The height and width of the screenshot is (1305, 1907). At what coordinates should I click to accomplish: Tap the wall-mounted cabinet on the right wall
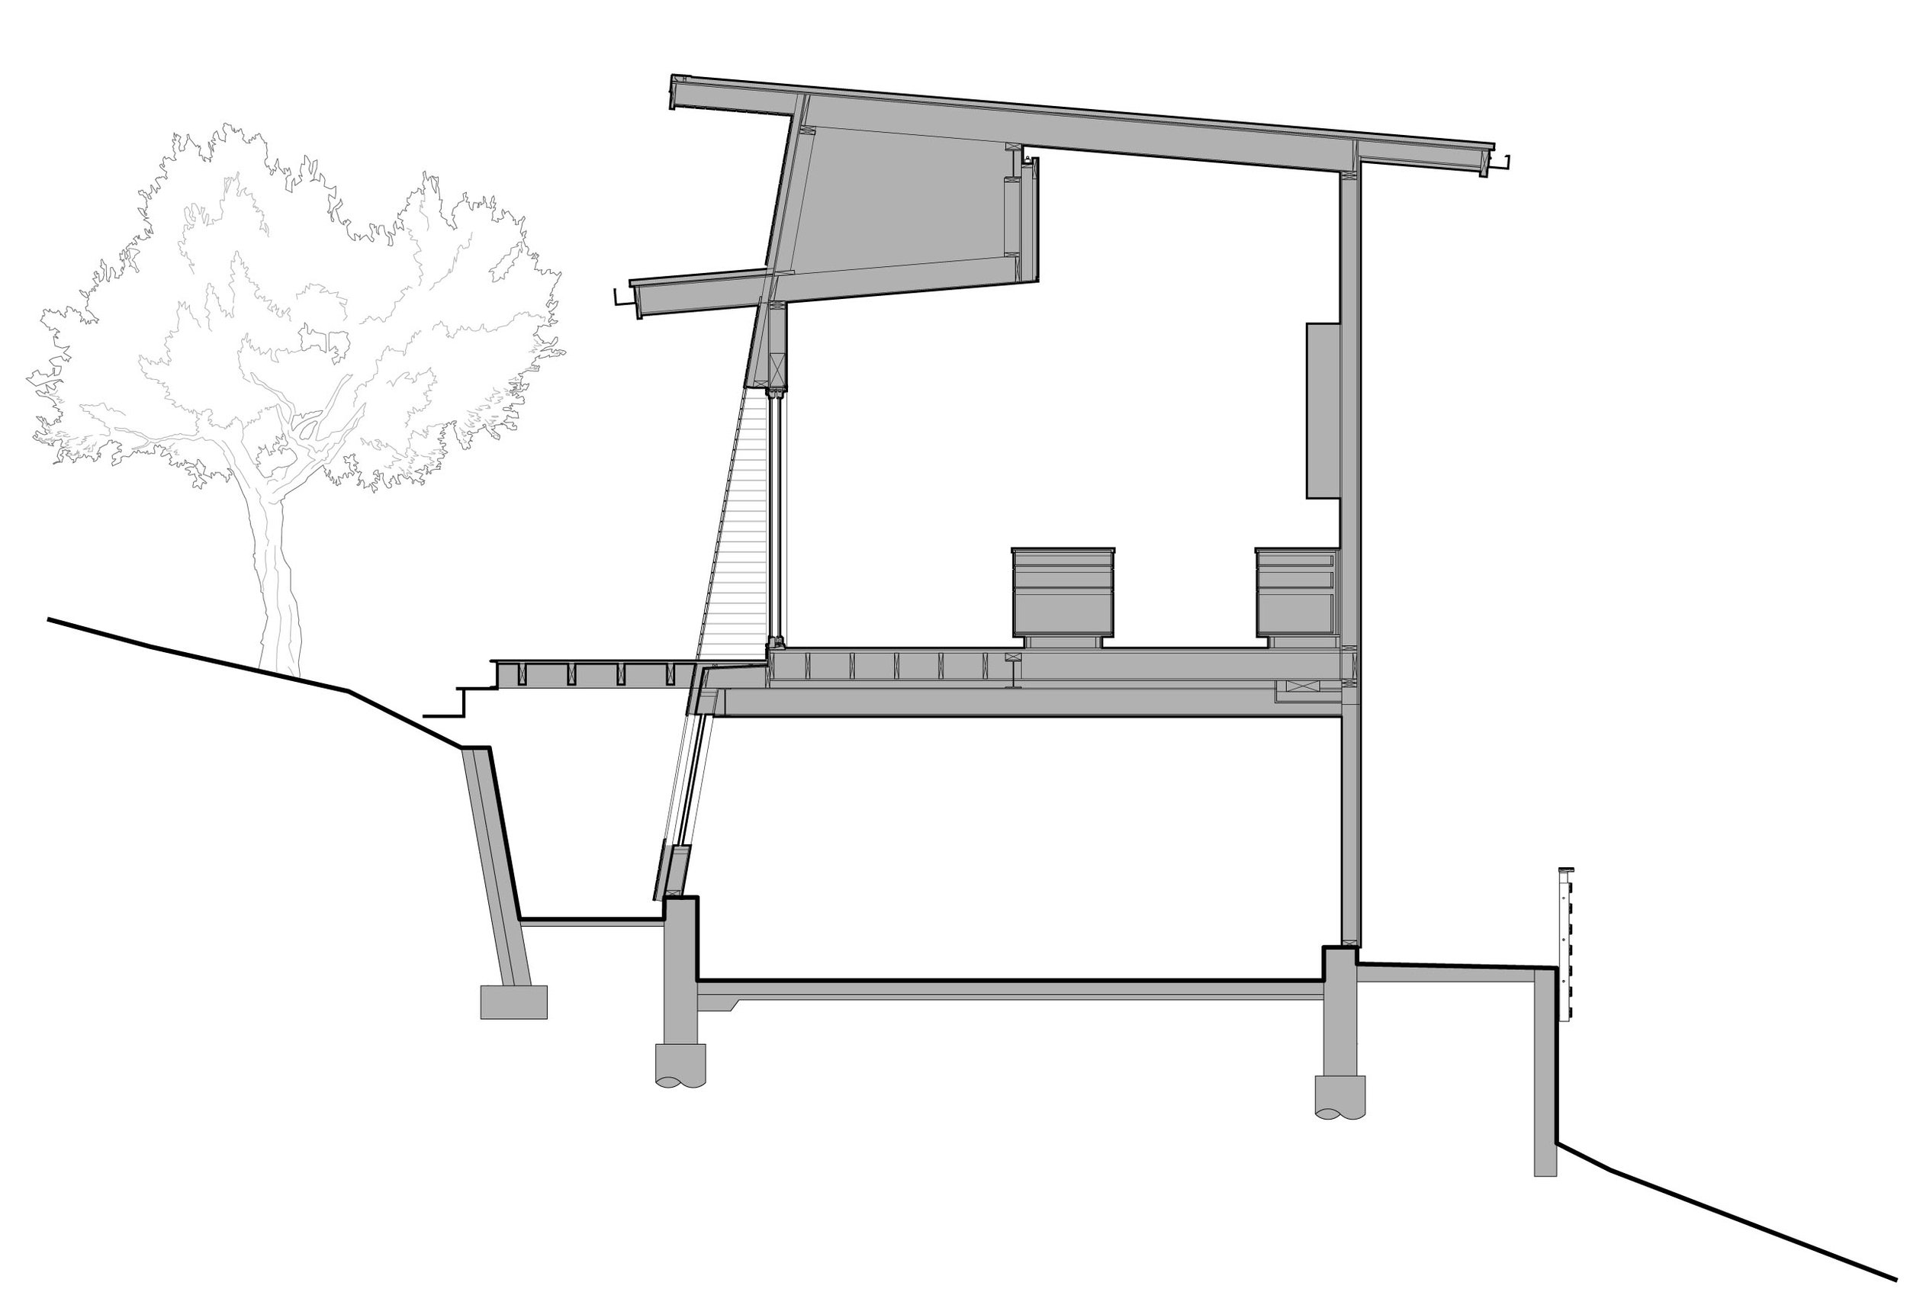pyautogui.click(x=1323, y=410)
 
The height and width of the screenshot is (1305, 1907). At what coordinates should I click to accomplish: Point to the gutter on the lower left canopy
pyautogui.click(x=624, y=297)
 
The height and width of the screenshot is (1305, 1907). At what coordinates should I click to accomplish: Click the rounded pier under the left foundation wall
pyautogui.click(x=680, y=1066)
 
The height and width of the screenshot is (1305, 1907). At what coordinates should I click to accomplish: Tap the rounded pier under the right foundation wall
pyautogui.click(x=1340, y=1097)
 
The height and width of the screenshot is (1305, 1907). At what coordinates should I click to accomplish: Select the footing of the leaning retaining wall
pyautogui.click(x=513, y=1002)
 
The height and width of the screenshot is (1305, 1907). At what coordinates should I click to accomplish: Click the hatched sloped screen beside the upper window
pyautogui.click(x=738, y=533)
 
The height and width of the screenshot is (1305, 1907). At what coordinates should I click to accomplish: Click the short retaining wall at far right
pyautogui.click(x=1545, y=1083)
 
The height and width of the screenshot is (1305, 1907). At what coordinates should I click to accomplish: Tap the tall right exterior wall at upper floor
pyautogui.click(x=1350, y=410)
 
